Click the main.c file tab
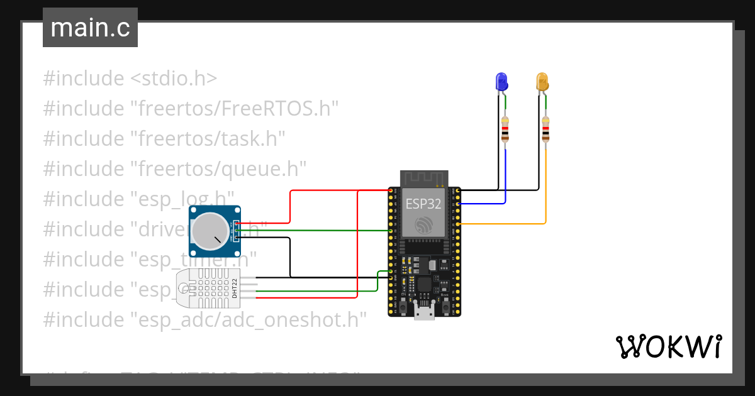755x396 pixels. [90, 28]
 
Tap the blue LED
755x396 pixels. [501, 81]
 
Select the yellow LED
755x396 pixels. [542, 82]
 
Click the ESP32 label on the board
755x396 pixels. [423, 204]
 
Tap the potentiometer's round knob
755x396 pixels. [211, 231]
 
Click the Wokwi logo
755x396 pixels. [668, 346]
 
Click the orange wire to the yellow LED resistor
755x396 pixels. [545, 189]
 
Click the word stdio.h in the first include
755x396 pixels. [174, 79]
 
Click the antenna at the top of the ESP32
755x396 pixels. [424, 178]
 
